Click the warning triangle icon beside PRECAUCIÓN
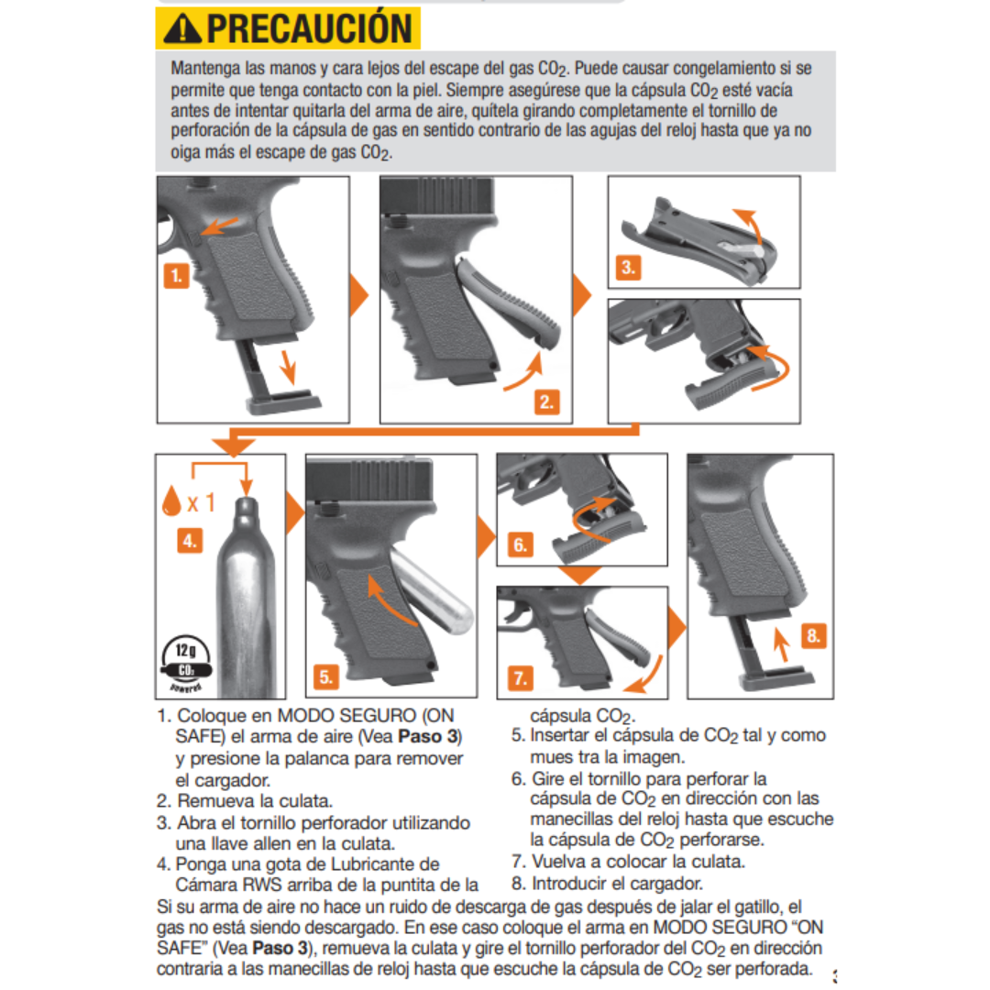tap(181, 28)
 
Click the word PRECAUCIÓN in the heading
tap(309, 28)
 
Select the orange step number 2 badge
tap(547, 401)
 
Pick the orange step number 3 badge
tap(628, 269)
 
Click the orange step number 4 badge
tap(189, 541)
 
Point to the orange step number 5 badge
tap(327, 677)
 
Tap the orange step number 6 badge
tap(520, 545)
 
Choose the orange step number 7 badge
tap(520, 679)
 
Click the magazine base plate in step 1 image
tap(284, 401)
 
